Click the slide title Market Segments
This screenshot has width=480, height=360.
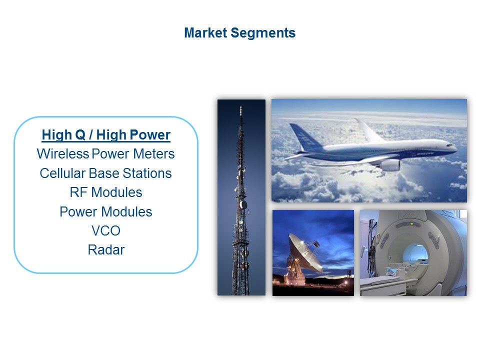click(x=239, y=33)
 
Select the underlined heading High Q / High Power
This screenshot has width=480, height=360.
click(x=106, y=135)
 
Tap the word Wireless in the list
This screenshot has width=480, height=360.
click(x=63, y=153)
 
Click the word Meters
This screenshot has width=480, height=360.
click(x=153, y=153)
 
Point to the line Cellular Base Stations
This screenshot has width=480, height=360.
click(x=105, y=173)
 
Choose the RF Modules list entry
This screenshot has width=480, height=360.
click(x=106, y=192)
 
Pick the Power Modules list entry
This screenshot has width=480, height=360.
click(x=106, y=212)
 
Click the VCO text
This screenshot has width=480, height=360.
click(x=106, y=231)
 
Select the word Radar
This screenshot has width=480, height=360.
click(x=106, y=250)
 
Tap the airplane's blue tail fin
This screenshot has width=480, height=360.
click(x=305, y=136)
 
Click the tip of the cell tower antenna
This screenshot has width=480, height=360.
click(x=240, y=107)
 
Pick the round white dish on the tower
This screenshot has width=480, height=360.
click(x=243, y=204)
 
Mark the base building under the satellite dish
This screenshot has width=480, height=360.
click(x=294, y=278)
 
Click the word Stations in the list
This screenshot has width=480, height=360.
click(x=147, y=173)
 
